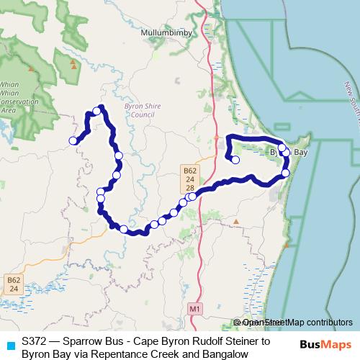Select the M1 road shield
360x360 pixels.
click(194, 309)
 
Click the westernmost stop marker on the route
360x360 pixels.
click(73, 140)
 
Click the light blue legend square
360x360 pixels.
click(9, 343)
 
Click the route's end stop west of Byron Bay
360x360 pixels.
click(235, 160)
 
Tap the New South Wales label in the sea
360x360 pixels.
click(351, 101)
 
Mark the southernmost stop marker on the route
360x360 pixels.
click(124, 229)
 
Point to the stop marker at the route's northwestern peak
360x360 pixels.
click(96, 111)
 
